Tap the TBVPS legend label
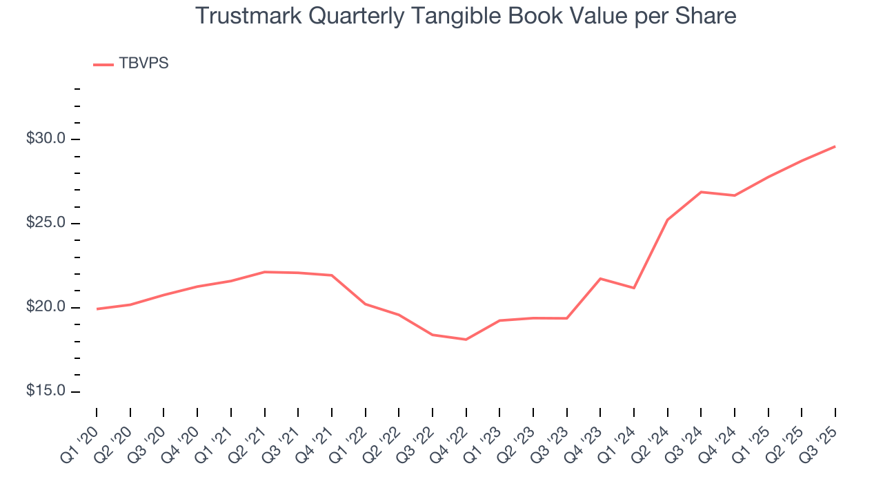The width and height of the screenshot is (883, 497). point(143,64)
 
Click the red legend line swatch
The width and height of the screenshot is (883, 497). point(103,64)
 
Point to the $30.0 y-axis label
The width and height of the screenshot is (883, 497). point(46,139)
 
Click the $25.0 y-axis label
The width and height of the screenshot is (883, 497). point(46,223)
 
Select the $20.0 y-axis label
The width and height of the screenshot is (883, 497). point(46,307)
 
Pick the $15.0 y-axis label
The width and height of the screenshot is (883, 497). point(46,391)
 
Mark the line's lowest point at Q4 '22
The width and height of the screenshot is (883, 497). point(466,340)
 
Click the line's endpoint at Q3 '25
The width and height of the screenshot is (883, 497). point(835,146)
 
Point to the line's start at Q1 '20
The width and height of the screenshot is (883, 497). point(97,309)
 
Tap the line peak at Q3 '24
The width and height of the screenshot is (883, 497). point(701,192)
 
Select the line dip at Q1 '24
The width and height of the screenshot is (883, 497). point(633,288)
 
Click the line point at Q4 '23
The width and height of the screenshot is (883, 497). point(600,279)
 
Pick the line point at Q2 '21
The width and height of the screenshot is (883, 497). point(264,272)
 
